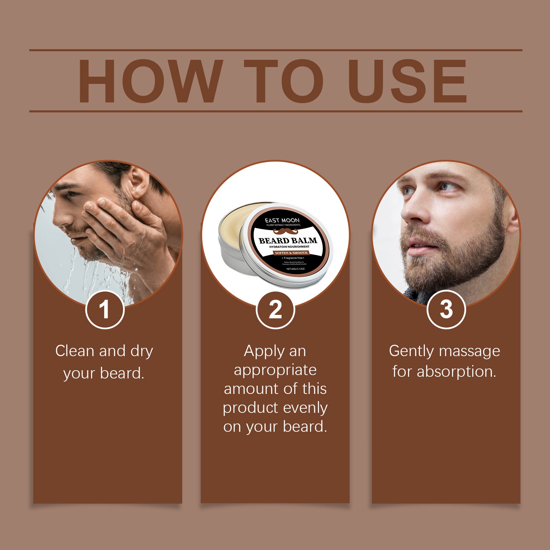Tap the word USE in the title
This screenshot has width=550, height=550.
tap(407, 81)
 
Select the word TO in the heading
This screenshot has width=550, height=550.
tap(284, 81)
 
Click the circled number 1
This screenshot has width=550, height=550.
tap(104, 309)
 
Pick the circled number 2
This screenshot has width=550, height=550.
tap(275, 309)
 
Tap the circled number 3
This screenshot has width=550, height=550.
tap(446, 309)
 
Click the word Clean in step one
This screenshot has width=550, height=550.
tap(75, 351)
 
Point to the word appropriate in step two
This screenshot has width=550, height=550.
tap(275, 370)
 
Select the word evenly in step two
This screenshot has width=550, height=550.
tap(305, 408)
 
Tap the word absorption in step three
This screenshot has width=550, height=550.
tap(456, 372)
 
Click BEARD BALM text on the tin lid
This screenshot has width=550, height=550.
tap(288, 240)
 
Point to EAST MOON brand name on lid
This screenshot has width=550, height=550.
tap(282, 220)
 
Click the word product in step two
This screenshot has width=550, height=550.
tap(250, 408)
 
